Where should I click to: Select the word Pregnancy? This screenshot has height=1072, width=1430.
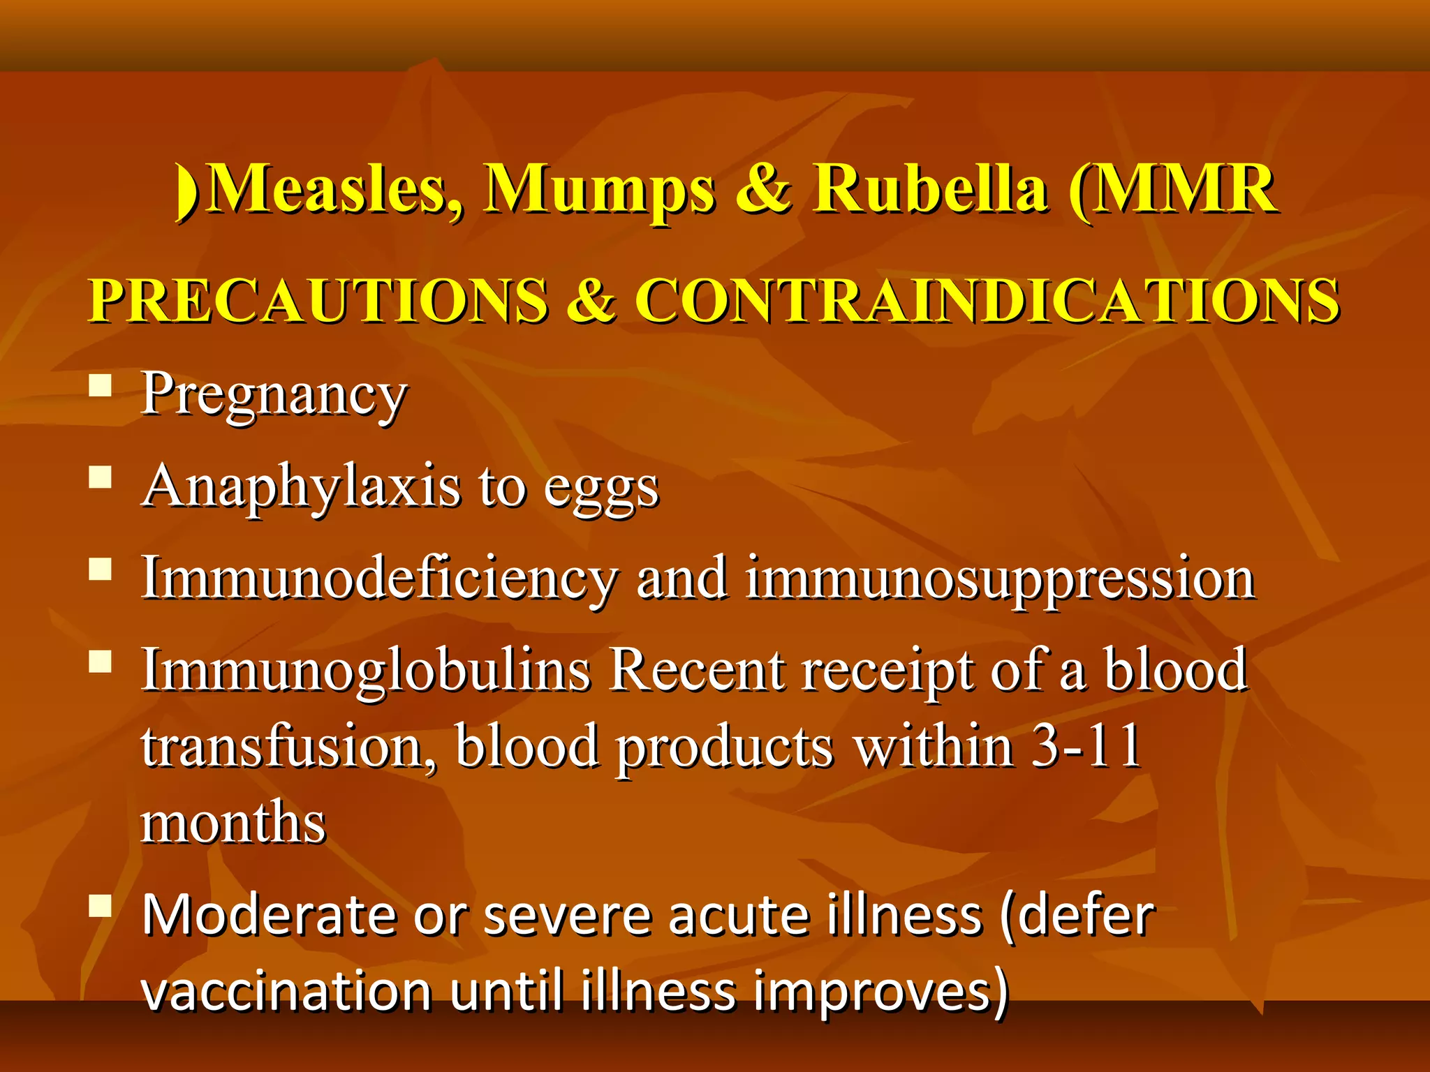pos(274,395)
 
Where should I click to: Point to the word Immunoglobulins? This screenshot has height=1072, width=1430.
pos(366,670)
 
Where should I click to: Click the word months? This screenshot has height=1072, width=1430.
pos(233,822)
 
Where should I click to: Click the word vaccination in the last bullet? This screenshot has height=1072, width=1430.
pos(286,991)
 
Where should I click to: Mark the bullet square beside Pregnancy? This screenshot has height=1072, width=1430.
pos(101,385)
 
